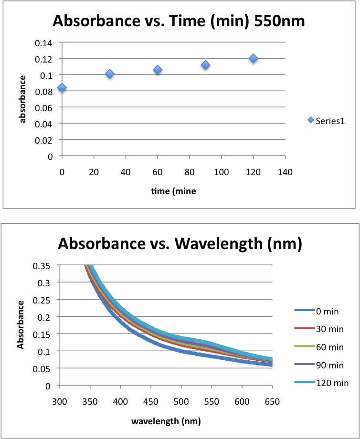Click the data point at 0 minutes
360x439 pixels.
(62, 88)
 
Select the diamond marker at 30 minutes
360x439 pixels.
(110, 74)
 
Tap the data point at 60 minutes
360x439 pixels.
(158, 70)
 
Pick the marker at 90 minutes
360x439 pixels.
(206, 65)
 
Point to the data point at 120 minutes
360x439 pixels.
(253, 58)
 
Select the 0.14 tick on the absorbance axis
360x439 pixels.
(44, 42)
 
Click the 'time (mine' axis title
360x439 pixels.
(174, 191)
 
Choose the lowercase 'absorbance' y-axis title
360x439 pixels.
(22, 98)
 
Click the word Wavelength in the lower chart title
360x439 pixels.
(223, 244)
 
